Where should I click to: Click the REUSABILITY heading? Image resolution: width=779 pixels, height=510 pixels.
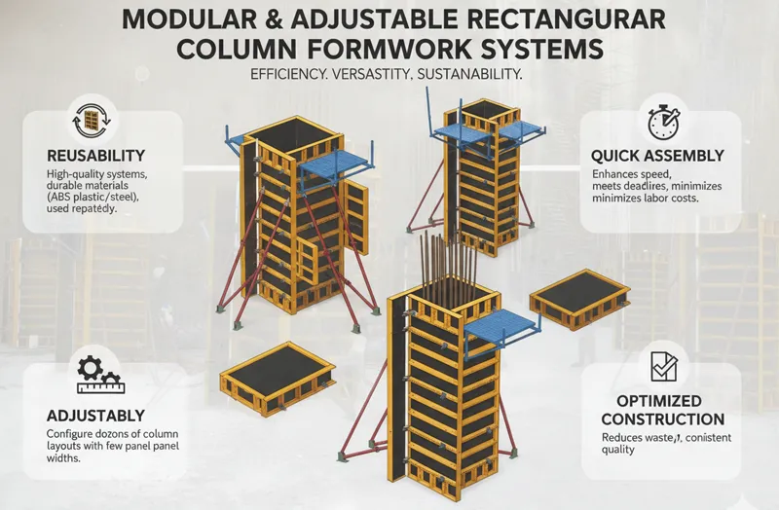tap(95, 156)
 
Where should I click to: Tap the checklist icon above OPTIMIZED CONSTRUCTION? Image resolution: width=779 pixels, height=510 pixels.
tap(663, 367)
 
